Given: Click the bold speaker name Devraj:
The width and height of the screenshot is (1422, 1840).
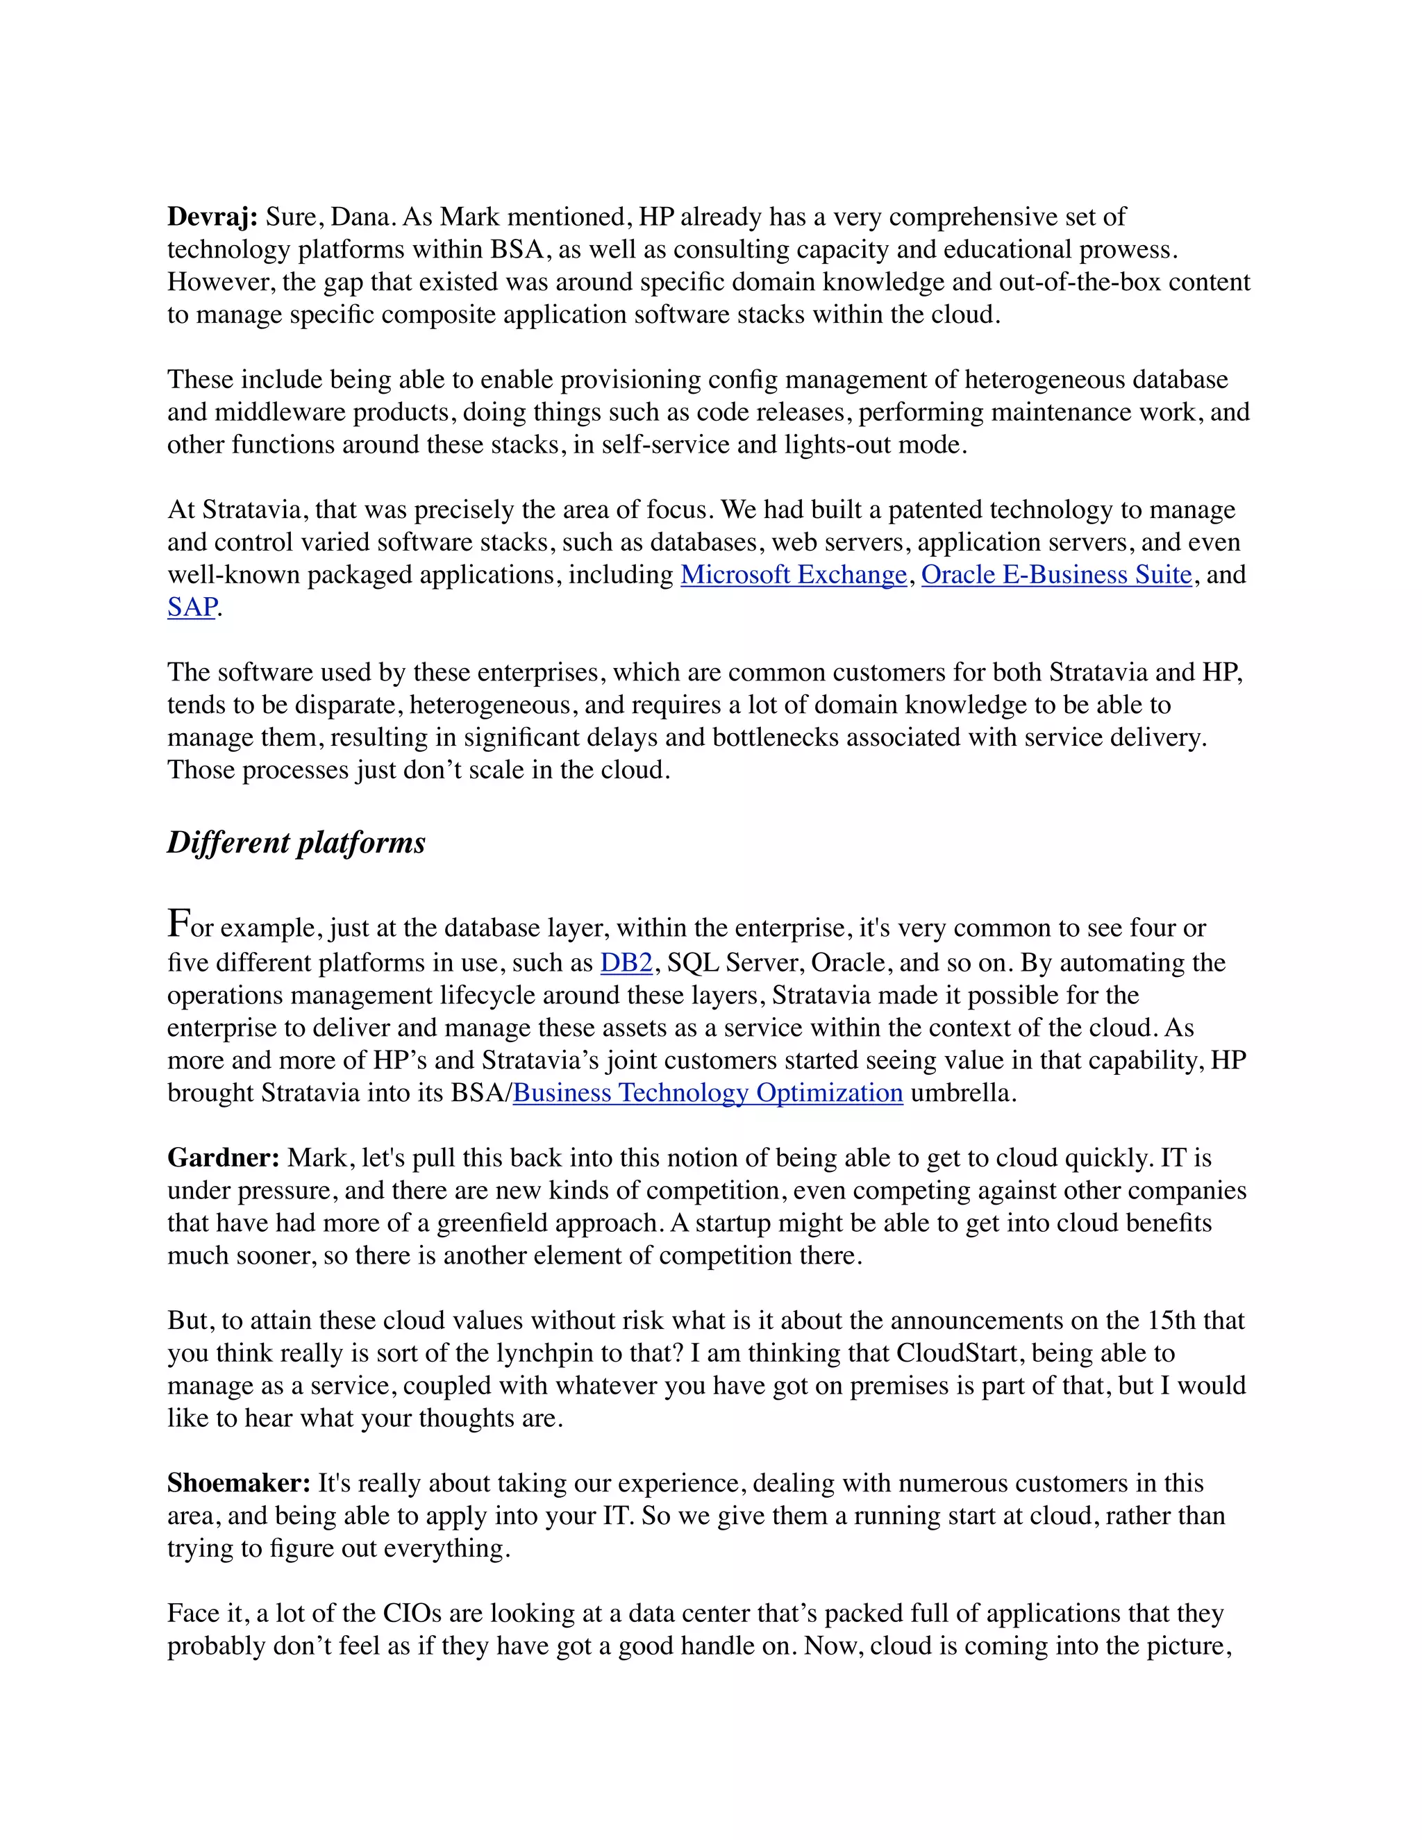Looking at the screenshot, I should point(212,217).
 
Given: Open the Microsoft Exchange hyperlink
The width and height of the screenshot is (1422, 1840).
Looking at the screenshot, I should point(794,575).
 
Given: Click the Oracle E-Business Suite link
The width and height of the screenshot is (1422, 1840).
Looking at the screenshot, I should point(1056,575).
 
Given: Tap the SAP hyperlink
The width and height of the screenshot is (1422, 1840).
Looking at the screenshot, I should point(192,608).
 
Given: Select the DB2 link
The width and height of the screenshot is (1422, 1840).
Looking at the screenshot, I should point(626,963).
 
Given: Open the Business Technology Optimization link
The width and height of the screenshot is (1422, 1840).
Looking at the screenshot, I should point(708,1093).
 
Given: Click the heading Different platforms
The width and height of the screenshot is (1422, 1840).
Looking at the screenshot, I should point(296,842).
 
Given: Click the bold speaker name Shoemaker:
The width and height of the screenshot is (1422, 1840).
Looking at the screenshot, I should point(240,1483).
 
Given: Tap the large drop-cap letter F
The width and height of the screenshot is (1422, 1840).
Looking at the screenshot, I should point(178,923).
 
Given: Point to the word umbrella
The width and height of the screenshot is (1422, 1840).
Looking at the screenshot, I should point(960,1093).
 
